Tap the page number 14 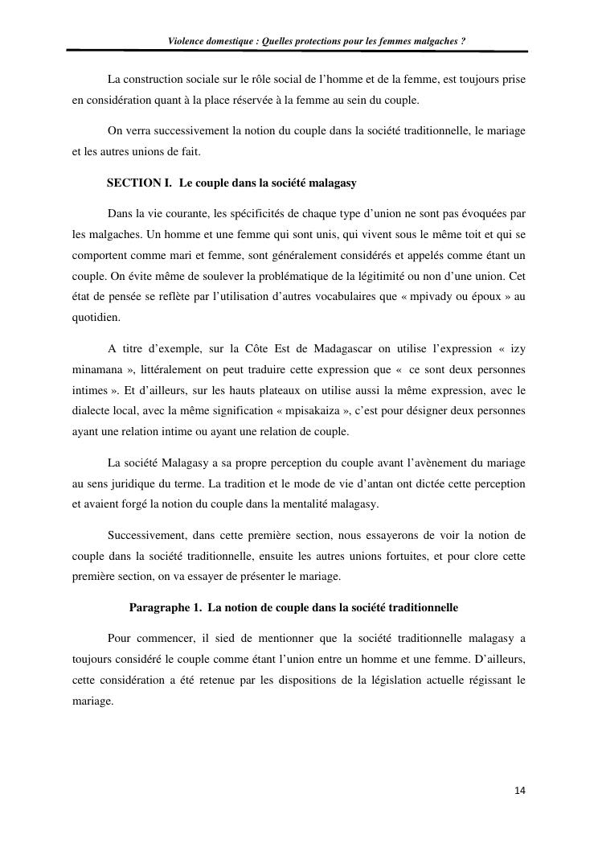tap(520, 791)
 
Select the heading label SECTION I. tap(139, 183)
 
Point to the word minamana tap(96, 369)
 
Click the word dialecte tap(91, 411)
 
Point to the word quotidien tap(96, 317)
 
